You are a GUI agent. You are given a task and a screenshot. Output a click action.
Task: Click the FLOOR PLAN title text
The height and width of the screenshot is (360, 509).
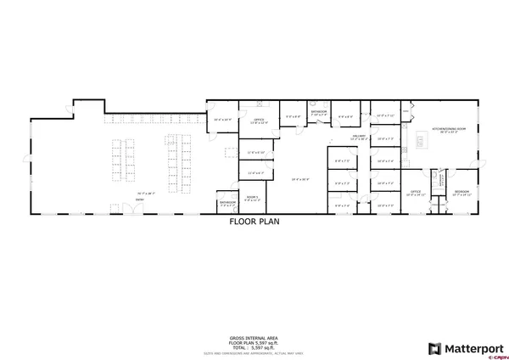[x=254, y=223]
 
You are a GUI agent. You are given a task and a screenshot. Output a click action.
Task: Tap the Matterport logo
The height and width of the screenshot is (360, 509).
[x=467, y=347]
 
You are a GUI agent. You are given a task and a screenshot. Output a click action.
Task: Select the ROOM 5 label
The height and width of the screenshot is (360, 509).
[x=251, y=196]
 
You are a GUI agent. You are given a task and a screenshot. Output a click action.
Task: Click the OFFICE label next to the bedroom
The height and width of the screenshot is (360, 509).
[x=416, y=193]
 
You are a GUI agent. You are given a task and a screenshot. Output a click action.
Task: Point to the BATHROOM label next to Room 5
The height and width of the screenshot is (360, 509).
[x=227, y=202]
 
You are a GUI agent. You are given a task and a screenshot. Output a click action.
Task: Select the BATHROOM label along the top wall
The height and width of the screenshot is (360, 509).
[x=319, y=111]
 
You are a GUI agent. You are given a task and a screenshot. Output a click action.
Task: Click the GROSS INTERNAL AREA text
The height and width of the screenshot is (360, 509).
[x=255, y=336]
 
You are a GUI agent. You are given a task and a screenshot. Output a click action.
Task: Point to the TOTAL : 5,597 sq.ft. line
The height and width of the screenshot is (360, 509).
[x=255, y=346]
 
